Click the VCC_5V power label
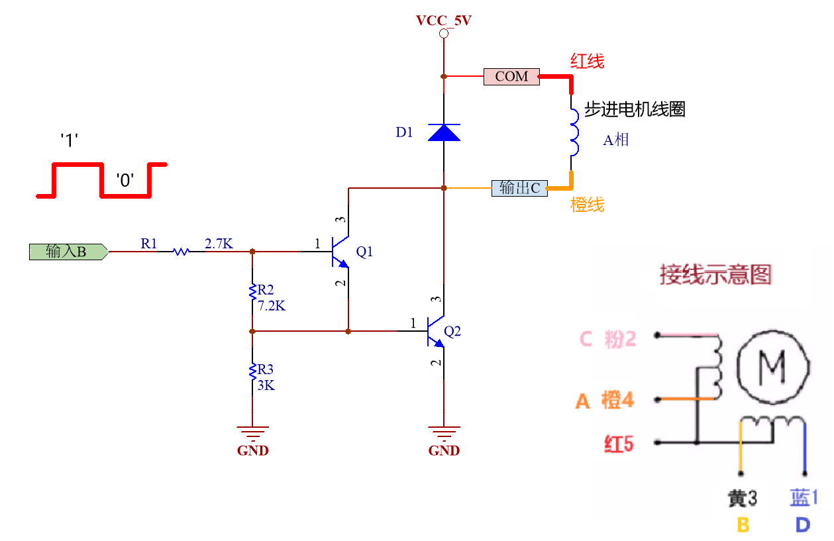pos(443,21)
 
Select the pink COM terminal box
pos(511,77)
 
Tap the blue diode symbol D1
pos(444,132)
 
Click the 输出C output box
pos(519,188)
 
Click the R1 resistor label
pos(149,244)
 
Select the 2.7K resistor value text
pos(219,244)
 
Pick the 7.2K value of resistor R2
pos(272,305)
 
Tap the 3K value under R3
pos(266,385)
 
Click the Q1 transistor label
pos(364,252)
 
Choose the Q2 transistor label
pos(452,331)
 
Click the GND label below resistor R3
pos(252,451)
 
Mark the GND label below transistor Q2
pos(444,451)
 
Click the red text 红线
pos(588,62)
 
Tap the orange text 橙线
pos(588,205)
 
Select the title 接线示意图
pos(715,274)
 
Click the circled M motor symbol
pos(773,365)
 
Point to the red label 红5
pos(618,444)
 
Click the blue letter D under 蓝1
pos(802,525)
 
